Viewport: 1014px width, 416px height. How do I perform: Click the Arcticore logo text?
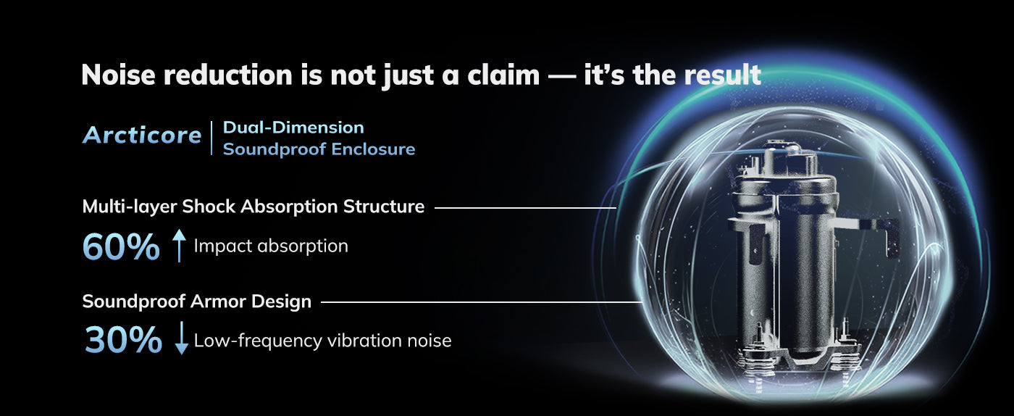(x=142, y=135)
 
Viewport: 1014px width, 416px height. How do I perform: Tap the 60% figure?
(x=121, y=247)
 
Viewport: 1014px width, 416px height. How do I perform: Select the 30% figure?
(x=123, y=339)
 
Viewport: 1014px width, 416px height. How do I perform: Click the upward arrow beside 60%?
(x=180, y=245)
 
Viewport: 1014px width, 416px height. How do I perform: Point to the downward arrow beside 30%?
(x=182, y=338)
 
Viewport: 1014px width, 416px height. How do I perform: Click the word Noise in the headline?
(x=119, y=75)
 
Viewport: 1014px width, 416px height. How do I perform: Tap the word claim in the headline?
(x=503, y=75)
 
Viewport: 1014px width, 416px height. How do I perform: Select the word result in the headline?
(x=723, y=75)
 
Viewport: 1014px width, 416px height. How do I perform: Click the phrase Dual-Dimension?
(x=293, y=128)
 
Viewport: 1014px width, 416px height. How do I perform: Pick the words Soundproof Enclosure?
(x=319, y=149)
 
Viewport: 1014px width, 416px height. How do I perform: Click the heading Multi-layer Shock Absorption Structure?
(x=253, y=207)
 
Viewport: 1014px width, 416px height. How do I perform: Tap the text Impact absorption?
(x=271, y=246)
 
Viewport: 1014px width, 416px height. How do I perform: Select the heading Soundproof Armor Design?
(x=197, y=301)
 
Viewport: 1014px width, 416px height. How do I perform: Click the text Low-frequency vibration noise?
(x=323, y=341)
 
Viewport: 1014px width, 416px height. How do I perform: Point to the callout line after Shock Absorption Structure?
(x=526, y=208)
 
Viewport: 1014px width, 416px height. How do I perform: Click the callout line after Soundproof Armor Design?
(x=482, y=301)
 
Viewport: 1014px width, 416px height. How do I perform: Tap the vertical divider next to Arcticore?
(x=211, y=138)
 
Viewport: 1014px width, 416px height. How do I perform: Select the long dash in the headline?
(x=562, y=75)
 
